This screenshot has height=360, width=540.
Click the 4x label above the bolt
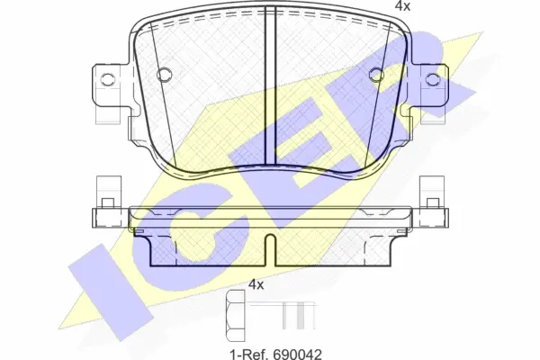coord(256,285)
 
